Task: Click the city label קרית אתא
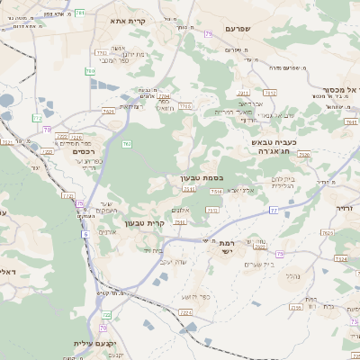click(x=128, y=20)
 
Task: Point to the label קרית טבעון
click(x=144, y=222)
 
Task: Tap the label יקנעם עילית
click(x=92, y=344)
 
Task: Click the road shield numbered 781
click(x=80, y=13)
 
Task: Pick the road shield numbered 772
click(x=37, y=118)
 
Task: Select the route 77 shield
click(x=273, y=211)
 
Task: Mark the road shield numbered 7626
click(x=304, y=155)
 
